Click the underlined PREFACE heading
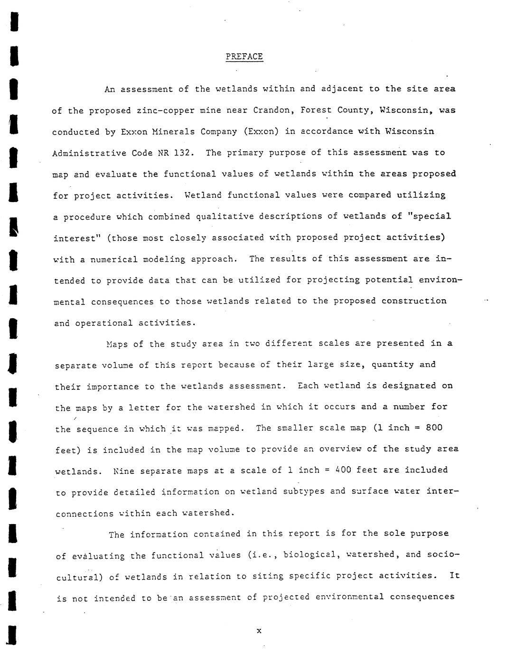tap(244, 56)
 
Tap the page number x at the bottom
tap(259, 631)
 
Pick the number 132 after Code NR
tap(182, 153)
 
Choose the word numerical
tap(117, 259)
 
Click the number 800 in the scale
tap(434, 427)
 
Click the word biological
tap(309, 554)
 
